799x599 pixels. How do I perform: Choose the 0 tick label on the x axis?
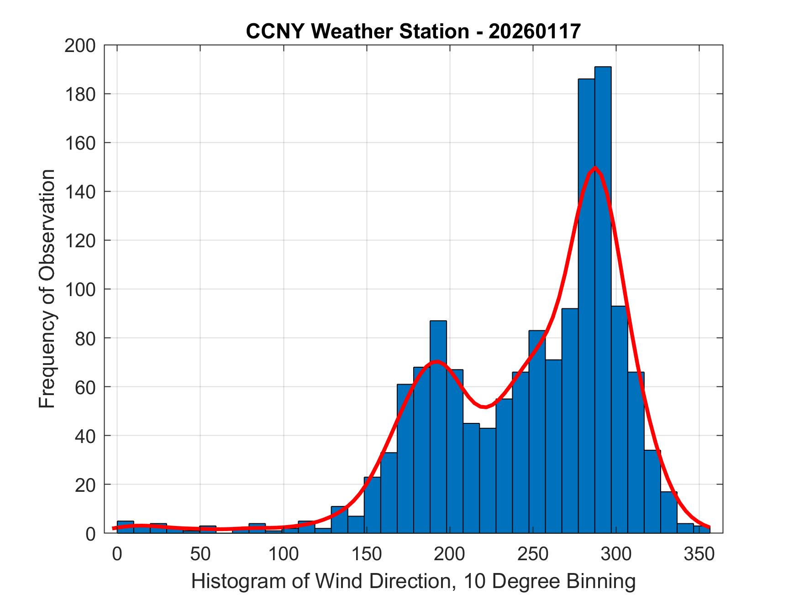point(117,554)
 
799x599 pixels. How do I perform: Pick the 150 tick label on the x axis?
point(367,554)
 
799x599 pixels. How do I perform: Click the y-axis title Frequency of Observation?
point(47,289)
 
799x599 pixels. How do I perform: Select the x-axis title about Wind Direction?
point(413,581)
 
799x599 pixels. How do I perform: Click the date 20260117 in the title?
point(535,31)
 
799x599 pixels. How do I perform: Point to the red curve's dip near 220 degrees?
point(484,406)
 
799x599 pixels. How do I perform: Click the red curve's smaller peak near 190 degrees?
point(437,361)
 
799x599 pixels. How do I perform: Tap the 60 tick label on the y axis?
point(86,387)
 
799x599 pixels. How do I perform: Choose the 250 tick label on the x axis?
point(533,554)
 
